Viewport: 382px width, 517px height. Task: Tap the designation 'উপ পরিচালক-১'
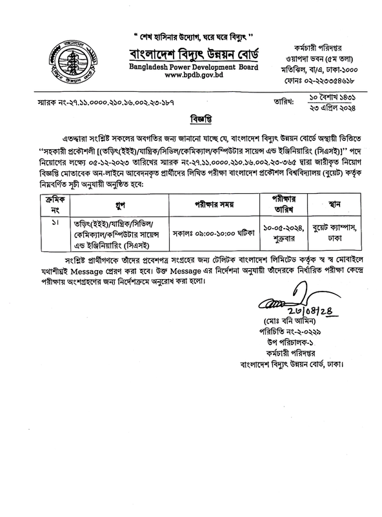pos(279,343)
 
